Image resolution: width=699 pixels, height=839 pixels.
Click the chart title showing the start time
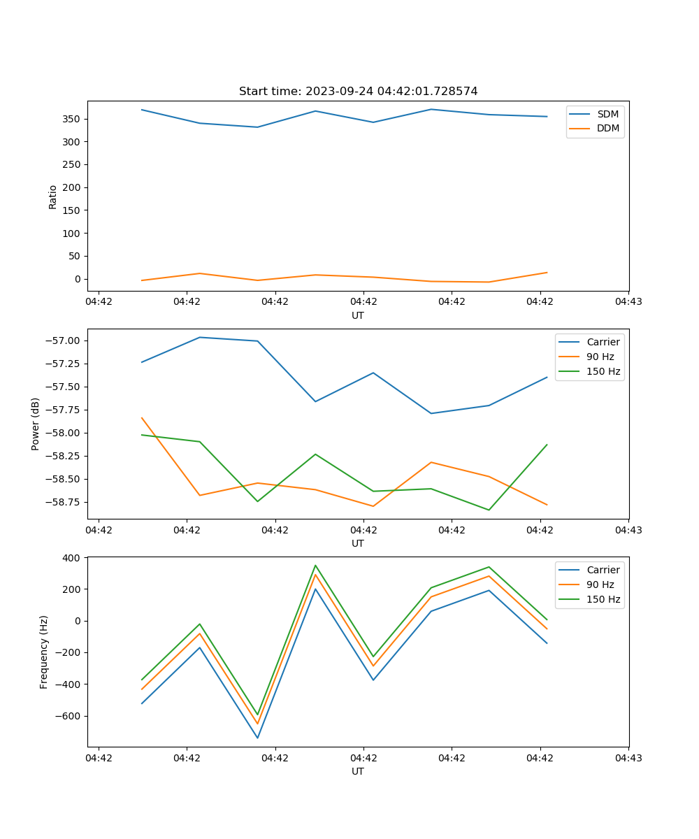click(358, 92)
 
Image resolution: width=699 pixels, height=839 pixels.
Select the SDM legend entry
click(607, 114)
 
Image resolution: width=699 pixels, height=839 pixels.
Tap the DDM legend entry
click(607, 128)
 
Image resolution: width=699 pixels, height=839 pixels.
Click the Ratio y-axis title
click(53, 196)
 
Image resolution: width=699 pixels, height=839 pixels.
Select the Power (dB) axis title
click(36, 424)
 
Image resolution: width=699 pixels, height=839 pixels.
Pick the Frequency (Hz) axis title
click(44, 652)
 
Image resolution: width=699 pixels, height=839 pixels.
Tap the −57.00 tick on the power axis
click(64, 340)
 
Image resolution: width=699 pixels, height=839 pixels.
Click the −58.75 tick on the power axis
click(64, 502)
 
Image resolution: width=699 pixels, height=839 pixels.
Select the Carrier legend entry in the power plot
click(603, 342)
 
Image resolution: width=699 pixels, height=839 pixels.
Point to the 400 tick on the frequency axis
click(73, 557)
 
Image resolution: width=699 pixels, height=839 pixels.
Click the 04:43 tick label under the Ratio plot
click(628, 302)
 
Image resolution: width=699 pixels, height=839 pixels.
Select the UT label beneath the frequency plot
click(358, 771)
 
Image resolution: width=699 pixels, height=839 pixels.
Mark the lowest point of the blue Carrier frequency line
click(257, 738)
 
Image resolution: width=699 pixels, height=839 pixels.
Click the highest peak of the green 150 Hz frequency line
click(315, 566)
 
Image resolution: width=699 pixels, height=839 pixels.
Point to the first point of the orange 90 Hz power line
click(142, 418)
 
